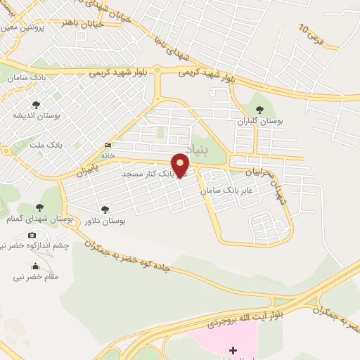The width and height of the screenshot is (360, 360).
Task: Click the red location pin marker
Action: tap(181, 166)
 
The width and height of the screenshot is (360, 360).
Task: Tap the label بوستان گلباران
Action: tap(260, 122)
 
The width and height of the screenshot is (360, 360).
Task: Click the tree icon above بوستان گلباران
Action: tap(260, 110)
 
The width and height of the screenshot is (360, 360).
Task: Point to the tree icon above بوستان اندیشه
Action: tap(36, 104)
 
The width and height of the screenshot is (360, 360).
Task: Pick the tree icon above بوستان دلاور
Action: tap(105, 209)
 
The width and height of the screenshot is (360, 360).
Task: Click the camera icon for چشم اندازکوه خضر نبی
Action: tap(32, 235)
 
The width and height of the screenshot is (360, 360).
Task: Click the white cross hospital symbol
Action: tap(233, 349)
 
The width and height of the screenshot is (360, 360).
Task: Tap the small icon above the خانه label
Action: tap(108, 145)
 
